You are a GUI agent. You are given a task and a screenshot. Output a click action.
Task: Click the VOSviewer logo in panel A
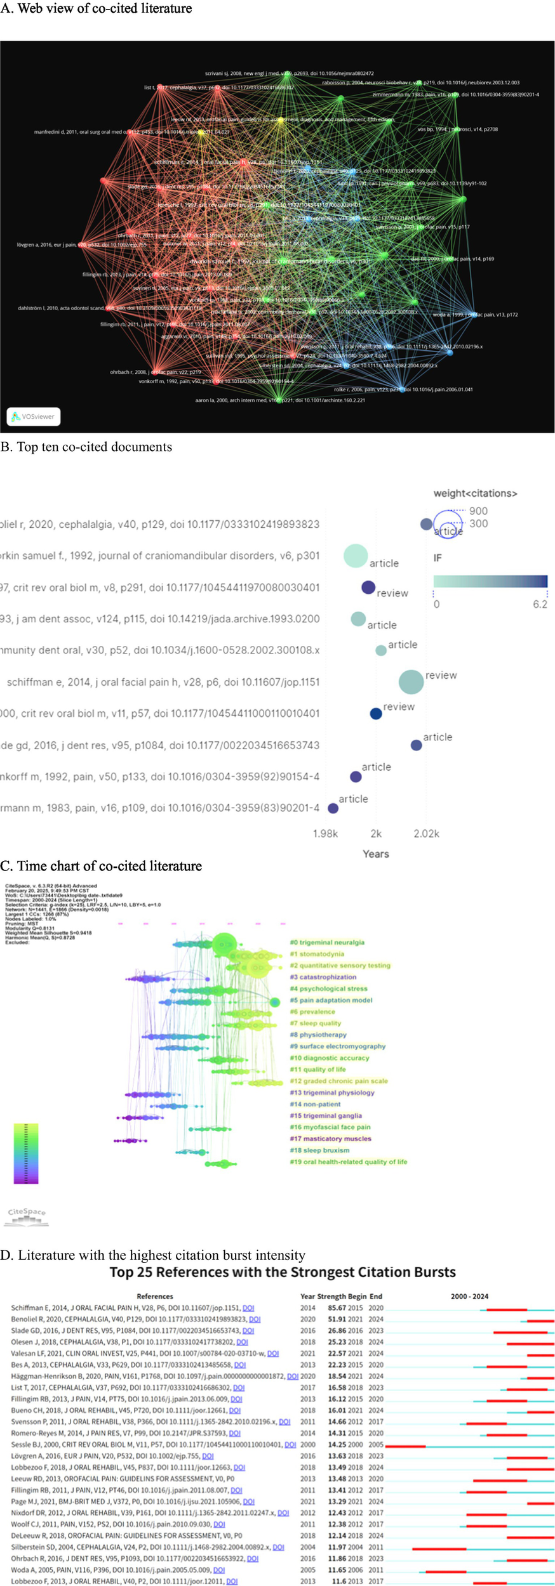coord(33,416)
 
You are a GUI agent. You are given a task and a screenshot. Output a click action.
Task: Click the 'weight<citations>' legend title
coord(475,493)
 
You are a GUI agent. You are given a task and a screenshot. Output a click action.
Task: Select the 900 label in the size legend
coord(478,511)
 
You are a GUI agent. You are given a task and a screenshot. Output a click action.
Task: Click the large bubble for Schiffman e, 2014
coord(411,681)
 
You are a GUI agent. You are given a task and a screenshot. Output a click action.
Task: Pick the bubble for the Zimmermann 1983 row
coord(333,808)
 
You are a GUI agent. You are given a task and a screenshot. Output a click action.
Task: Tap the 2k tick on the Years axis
coord(376,833)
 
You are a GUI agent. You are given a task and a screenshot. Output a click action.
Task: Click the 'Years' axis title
coord(375,854)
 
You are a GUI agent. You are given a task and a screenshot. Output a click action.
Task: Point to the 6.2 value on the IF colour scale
coord(540,604)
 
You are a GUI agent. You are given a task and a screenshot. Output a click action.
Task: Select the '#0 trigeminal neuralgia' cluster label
coord(326,943)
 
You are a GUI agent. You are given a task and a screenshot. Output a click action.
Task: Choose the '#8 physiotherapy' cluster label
coord(318,1035)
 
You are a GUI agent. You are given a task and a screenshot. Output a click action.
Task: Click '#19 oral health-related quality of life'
coord(348,1162)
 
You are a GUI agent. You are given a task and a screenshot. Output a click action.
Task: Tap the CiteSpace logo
coord(27,1214)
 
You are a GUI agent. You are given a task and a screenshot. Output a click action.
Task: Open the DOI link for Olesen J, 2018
coord(242,1342)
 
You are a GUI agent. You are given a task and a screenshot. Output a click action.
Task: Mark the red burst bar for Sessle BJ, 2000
coord(405,1446)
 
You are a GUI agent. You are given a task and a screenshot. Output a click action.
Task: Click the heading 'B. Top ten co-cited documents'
coord(86,447)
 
